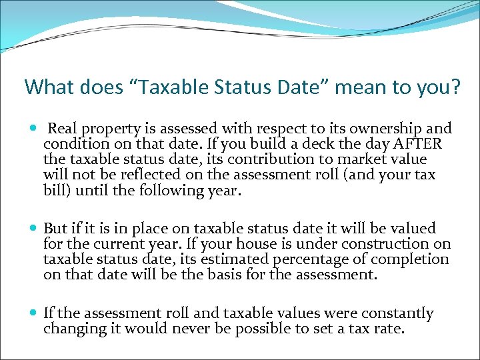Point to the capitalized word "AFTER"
[418, 144]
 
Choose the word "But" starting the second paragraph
[57, 229]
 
